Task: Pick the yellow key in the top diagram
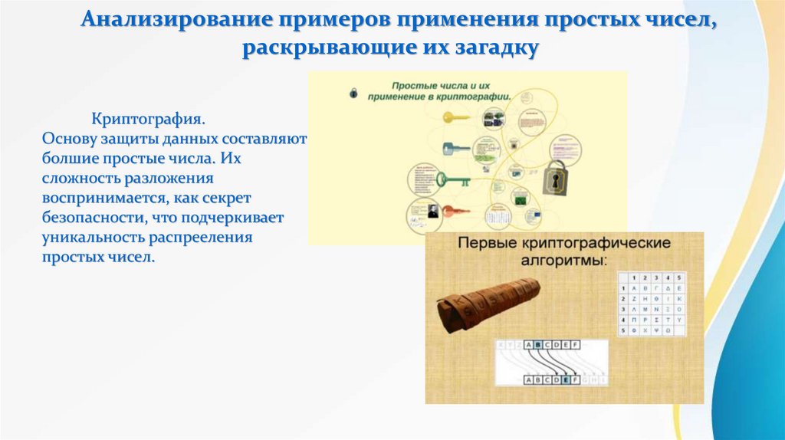coord(455,118)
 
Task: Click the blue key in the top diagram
coord(454,149)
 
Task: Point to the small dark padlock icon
coord(353,93)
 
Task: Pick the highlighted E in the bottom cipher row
coord(566,379)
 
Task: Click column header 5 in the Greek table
coord(678,277)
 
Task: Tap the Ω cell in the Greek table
coord(678,330)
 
